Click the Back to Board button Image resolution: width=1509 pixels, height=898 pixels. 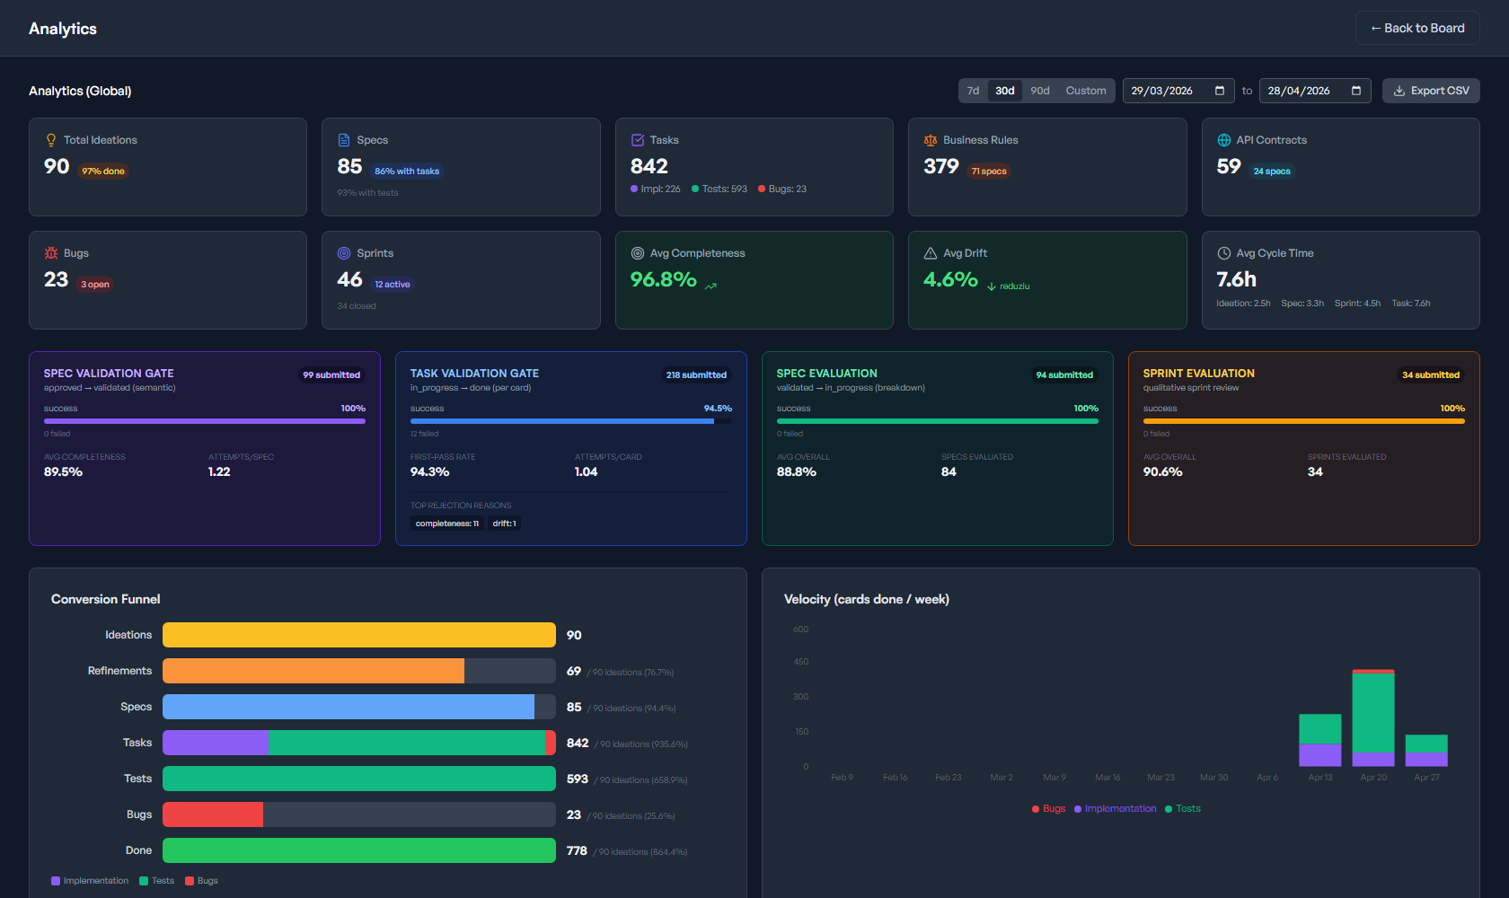1416,29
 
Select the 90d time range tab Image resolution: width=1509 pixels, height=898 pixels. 1039,91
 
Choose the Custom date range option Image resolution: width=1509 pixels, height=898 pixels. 1085,91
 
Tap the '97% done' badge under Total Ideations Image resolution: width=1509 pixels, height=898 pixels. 103,172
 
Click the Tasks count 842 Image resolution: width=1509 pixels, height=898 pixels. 649,166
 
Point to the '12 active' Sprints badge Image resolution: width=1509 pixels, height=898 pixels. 393,285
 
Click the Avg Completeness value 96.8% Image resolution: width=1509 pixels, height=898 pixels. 663,279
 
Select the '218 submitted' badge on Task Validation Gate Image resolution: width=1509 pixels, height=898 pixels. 696,375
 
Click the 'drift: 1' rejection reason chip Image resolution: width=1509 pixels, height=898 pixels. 504,524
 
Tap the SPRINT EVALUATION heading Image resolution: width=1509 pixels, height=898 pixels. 1198,374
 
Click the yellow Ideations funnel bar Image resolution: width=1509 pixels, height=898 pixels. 358,635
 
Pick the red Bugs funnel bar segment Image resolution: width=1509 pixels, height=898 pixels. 213,814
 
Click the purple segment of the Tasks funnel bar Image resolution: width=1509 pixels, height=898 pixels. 216,743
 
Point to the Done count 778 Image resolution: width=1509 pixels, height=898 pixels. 577,850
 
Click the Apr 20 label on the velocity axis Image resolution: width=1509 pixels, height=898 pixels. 1372,778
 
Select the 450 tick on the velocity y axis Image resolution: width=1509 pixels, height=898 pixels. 800,662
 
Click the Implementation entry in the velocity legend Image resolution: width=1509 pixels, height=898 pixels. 1119,809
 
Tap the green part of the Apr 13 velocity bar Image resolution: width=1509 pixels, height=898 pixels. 1319,728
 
